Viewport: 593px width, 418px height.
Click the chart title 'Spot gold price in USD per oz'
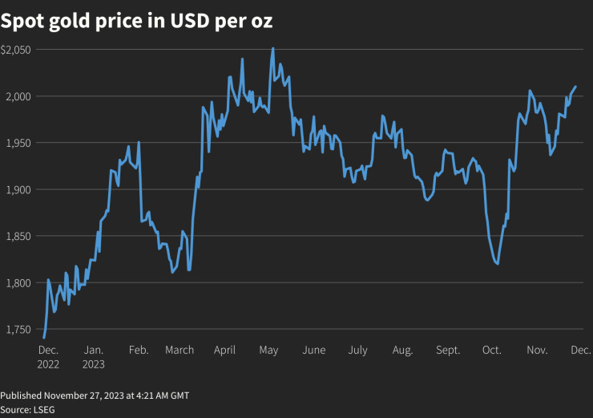[x=137, y=22]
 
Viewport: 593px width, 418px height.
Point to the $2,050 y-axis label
[x=16, y=50]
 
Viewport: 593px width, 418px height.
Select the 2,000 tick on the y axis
[x=18, y=96]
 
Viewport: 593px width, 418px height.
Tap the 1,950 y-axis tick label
[x=18, y=143]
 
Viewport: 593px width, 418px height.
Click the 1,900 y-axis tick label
[x=18, y=189]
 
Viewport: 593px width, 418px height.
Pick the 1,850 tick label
[x=18, y=236]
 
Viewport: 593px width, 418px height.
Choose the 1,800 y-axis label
[x=18, y=282]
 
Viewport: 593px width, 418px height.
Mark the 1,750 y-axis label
[x=18, y=329]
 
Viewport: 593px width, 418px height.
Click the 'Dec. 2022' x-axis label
[x=48, y=356]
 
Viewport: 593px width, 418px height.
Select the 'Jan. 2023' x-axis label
[x=94, y=356]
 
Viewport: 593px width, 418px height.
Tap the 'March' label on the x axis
[x=180, y=350]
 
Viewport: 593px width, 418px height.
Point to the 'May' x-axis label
[x=268, y=350]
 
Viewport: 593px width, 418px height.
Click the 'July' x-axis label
[x=357, y=350]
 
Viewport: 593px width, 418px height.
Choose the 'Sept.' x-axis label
[x=448, y=350]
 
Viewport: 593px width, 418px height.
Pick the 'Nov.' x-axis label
[x=537, y=350]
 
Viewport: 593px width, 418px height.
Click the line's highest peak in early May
[x=273, y=48]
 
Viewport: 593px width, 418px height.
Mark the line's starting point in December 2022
[x=44, y=338]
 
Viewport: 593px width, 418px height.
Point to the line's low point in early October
[x=498, y=263]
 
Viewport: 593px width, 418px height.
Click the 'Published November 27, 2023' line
[x=95, y=396]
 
